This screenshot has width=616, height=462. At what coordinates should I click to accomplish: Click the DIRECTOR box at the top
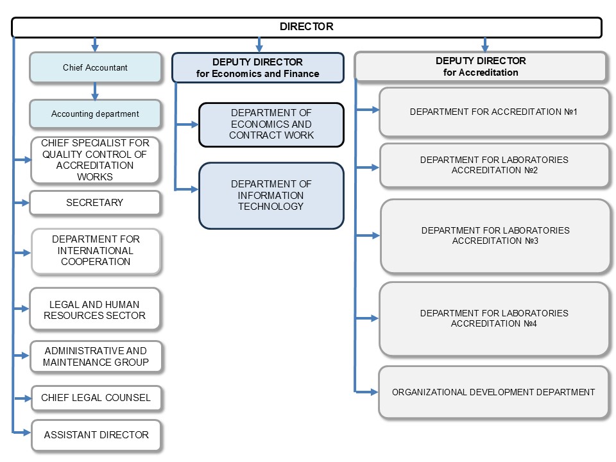pyautogui.click(x=307, y=27)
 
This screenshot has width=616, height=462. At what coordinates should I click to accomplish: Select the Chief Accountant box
pyautogui.click(x=95, y=67)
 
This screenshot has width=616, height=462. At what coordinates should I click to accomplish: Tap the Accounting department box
pyautogui.click(x=95, y=114)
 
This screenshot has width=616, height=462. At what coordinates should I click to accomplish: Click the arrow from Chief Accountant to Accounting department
pyautogui.click(x=95, y=91)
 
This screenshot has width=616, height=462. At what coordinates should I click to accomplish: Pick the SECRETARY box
pyautogui.click(x=95, y=203)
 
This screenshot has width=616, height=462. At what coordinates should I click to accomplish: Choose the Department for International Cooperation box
pyautogui.click(x=96, y=251)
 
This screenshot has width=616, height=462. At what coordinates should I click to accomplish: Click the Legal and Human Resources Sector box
pyautogui.click(x=95, y=309)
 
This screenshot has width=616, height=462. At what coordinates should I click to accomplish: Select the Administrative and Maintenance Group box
pyautogui.click(x=96, y=356)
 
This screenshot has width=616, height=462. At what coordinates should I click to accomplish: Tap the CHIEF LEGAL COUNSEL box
pyautogui.click(x=96, y=398)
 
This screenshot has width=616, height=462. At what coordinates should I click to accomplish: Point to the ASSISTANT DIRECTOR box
pyautogui.click(x=96, y=435)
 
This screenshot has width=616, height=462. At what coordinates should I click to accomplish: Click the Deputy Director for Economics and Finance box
pyautogui.click(x=258, y=67)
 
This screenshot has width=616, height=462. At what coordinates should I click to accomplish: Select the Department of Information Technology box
pyautogui.click(x=271, y=196)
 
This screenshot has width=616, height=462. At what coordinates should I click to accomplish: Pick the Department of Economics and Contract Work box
pyautogui.click(x=271, y=124)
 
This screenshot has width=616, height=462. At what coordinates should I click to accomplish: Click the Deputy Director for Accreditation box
pyautogui.click(x=481, y=66)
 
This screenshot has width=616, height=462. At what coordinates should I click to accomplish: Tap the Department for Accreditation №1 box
pyautogui.click(x=494, y=112)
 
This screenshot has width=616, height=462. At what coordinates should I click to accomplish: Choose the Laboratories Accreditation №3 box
pyautogui.click(x=495, y=235)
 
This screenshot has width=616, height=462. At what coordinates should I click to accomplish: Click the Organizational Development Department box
pyautogui.click(x=493, y=392)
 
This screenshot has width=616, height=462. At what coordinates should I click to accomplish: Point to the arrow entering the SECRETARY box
pyautogui.click(x=21, y=203)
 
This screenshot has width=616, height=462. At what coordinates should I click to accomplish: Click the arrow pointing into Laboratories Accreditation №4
pyautogui.click(x=366, y=318)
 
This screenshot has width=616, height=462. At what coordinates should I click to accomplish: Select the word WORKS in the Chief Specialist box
pyautogui.click(x=95, y=177)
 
